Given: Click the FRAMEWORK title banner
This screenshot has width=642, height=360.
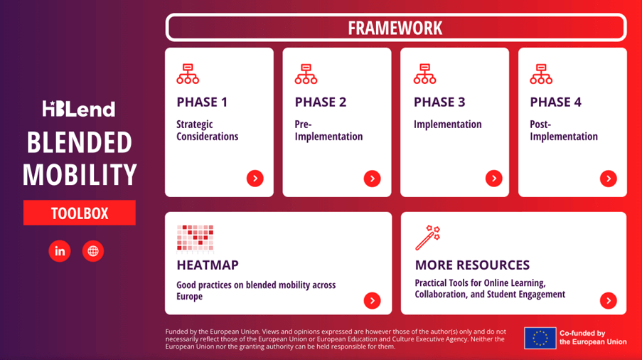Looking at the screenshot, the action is click(x=396, y=28).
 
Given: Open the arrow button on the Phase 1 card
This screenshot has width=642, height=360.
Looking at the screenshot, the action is click(x=255, y=179).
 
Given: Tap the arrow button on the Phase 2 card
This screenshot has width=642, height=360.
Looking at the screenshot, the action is click(x=372, y=179).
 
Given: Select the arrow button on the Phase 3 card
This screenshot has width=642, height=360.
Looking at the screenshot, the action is click(x=494, y=179).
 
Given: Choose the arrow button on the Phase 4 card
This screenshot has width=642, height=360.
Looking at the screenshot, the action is click(x=609, y=179).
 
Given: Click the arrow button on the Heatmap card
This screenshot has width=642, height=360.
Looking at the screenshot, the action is click(x=372, y=301).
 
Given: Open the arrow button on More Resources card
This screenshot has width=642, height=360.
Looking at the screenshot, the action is click(x=609, y=301).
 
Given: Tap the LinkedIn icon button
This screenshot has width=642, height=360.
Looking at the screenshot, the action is click(x=60, y=251).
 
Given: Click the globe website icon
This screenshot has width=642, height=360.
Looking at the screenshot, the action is click(x=93, y=251).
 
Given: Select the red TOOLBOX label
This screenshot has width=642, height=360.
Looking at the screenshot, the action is click(x=80, y=213).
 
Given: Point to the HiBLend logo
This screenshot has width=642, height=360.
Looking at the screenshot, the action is click(x=79, y=109).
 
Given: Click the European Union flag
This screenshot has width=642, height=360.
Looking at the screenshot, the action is click(x=540, y=338).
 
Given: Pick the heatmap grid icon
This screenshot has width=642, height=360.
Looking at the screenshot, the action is click(x=196, y=238).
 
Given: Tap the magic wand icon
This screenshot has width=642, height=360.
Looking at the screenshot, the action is click(x=427, y=238).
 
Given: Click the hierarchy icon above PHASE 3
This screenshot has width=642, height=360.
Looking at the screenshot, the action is click(x=424, y=74).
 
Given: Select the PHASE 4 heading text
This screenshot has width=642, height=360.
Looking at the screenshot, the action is click(x=555, y=102).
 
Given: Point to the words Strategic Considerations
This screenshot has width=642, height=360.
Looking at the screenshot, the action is click(x=207, y=130).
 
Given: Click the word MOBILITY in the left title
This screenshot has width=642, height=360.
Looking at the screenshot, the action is click(x=80, y=174).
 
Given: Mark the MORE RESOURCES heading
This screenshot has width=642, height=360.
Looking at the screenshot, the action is click(x=472, y=265).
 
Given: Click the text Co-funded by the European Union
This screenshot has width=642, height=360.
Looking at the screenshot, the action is click(x=593, y=337).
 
